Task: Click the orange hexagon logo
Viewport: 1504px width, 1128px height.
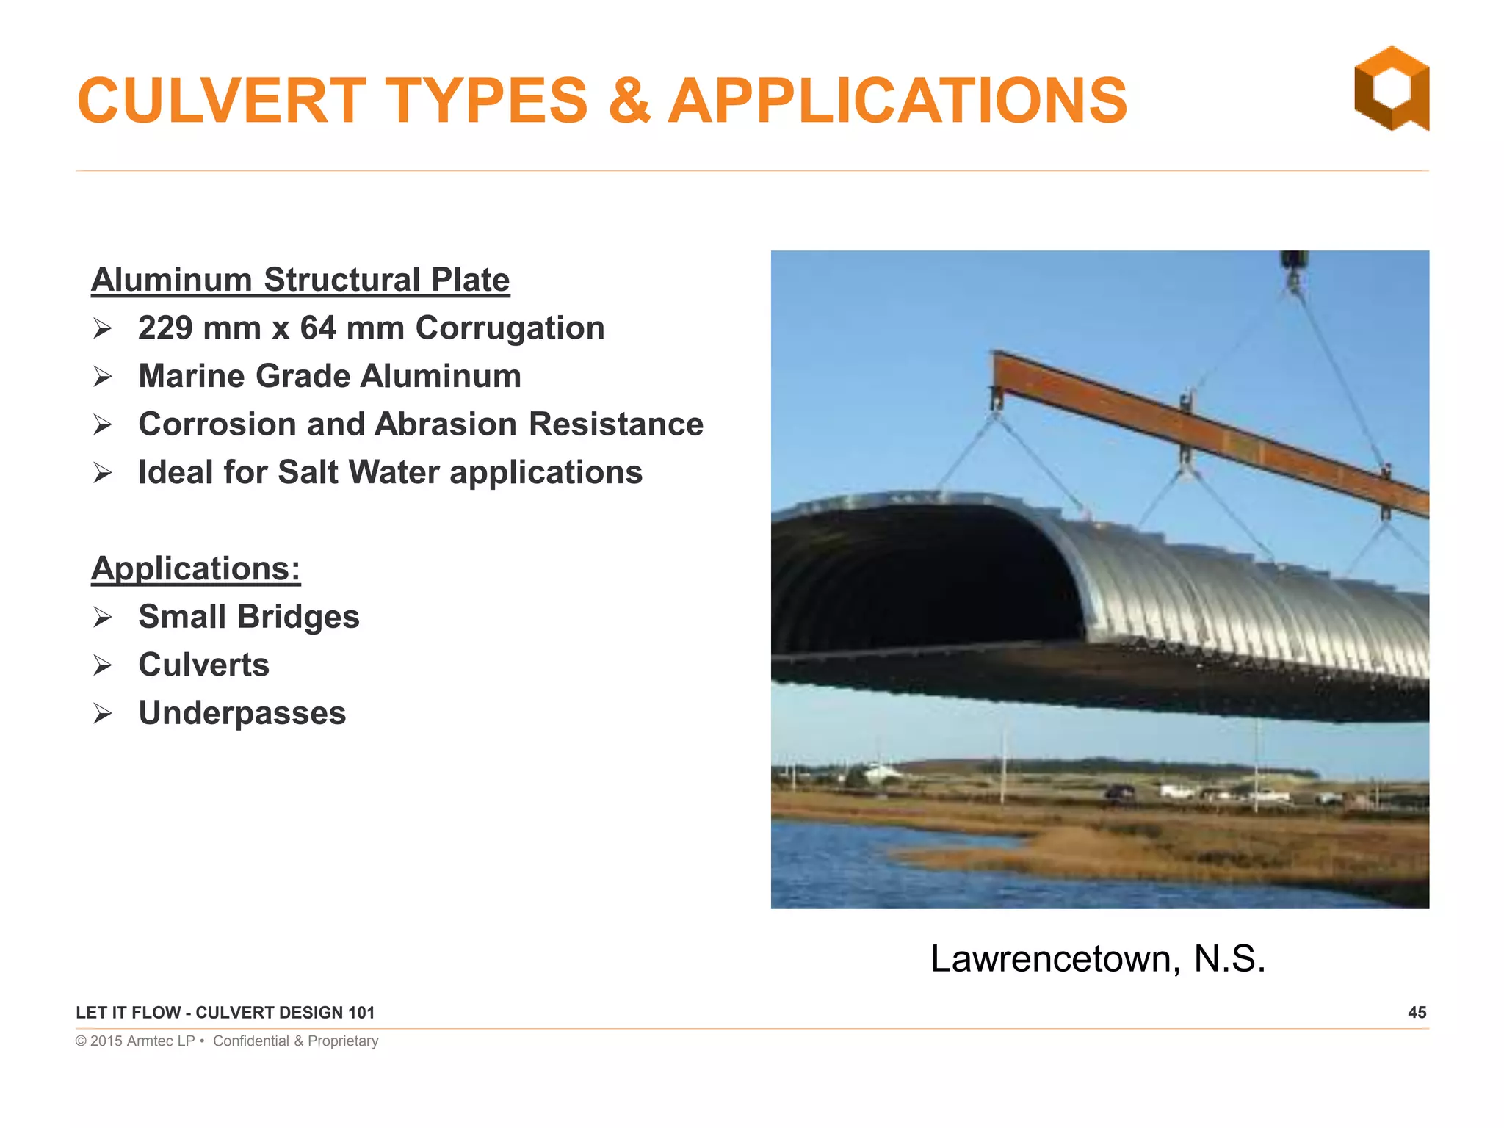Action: click(x=1391, y=88)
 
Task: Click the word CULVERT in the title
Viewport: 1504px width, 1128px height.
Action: click(x=221, y=101)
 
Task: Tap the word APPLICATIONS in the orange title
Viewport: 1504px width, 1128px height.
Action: click(x=897, y=101)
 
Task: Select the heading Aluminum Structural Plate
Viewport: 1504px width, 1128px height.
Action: click(x=300, y=280)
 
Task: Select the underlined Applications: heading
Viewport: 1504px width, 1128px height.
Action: click(x=195, y=568)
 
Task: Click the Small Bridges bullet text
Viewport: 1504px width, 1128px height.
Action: click(x=249, y=617)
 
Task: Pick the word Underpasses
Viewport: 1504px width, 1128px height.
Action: click(x=242, y=713)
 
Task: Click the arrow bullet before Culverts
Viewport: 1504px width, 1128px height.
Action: click(x=102, y=665)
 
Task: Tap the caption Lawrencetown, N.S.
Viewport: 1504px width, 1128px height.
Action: click(x=1098, y=958)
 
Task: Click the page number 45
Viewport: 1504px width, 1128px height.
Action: click(x=1417, y=1013)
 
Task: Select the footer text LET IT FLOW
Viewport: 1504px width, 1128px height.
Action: click(x=128, y=1013)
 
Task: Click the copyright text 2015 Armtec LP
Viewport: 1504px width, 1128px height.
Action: click(x=142, y=1041)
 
